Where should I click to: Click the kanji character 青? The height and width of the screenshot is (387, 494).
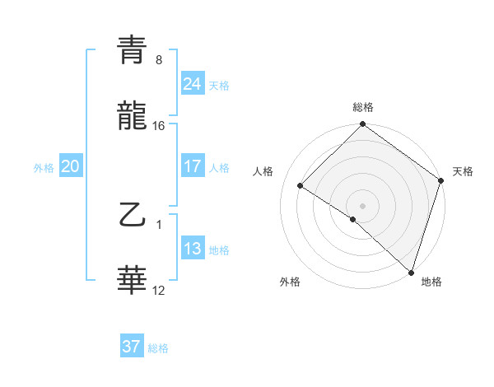(x=133, y=51)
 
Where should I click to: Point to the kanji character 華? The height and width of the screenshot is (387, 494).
(x=133, y=281)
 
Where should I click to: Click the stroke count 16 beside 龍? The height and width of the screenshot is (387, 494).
(x=159, y=125)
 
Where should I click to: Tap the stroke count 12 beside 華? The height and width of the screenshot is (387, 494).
(x=159, y=290)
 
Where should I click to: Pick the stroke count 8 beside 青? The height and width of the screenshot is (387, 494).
(x=159, y=60)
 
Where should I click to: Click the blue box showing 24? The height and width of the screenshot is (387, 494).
(x=192, y=84)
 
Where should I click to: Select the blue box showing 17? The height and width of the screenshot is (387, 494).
(x=192, y=166)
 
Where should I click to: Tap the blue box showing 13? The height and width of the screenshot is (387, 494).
(x=192, y=249)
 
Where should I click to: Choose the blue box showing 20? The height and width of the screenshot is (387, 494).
(x=70, y=166)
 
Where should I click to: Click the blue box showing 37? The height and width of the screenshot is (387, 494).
(x=131, y=347)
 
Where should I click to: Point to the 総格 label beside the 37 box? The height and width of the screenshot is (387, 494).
(x=158, y=348)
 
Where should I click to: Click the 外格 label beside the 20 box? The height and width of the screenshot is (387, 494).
(x=44, y=167)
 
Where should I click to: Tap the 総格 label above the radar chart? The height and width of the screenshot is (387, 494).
(x=363, y=107)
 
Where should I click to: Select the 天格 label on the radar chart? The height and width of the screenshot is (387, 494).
(x=463, y=171)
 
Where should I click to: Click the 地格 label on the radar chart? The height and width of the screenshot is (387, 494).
(x=431, y=282)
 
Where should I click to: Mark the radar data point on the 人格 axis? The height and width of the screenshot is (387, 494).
(x=301, y=186)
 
